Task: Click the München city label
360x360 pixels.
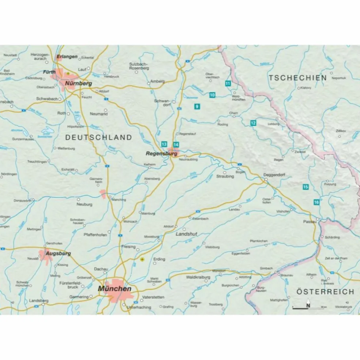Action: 115,289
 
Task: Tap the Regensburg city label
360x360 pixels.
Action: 161,154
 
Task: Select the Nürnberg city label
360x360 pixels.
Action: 78,84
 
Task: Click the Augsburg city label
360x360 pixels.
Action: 58,253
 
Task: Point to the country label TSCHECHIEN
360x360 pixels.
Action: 297,78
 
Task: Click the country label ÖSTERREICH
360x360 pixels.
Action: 325,292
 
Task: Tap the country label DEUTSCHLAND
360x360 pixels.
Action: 98,138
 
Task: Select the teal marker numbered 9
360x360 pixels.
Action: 197,106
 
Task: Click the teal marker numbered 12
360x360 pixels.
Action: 253,123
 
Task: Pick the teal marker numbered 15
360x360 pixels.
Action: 305,187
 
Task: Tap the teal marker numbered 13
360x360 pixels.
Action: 164,144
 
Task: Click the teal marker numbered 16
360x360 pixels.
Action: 316,202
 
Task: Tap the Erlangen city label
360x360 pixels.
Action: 67,57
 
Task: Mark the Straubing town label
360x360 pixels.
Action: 225,176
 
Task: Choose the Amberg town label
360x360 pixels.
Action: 158,82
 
